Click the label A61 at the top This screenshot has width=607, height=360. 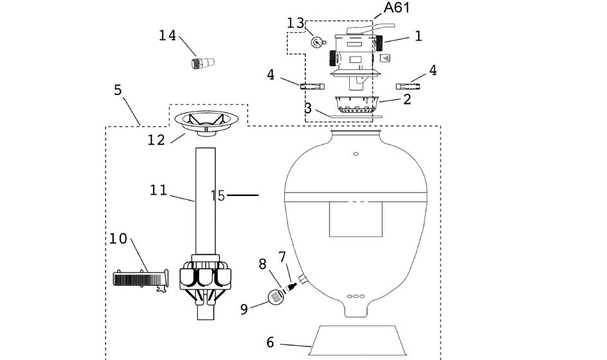(x=397, y=8)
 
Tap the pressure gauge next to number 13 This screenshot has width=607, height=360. (x=317, y=42)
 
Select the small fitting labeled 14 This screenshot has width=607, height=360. (x=204, y=63)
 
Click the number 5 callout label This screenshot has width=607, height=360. (x=118, y=90)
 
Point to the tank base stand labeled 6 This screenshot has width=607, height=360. (x=358, y=340)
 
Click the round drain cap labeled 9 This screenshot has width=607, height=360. (x=276, y=296)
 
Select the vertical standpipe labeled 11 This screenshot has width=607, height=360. (x=204, y=199)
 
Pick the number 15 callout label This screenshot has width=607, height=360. (x=218, y=195)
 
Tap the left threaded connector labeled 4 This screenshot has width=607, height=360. (x=312, y=85)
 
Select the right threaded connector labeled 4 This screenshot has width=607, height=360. (x=408, y=86)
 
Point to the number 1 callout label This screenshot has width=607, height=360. (x=419, y=36)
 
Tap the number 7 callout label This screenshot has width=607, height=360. (x=282, y=257)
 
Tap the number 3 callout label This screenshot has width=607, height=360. (x=309, y=109)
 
